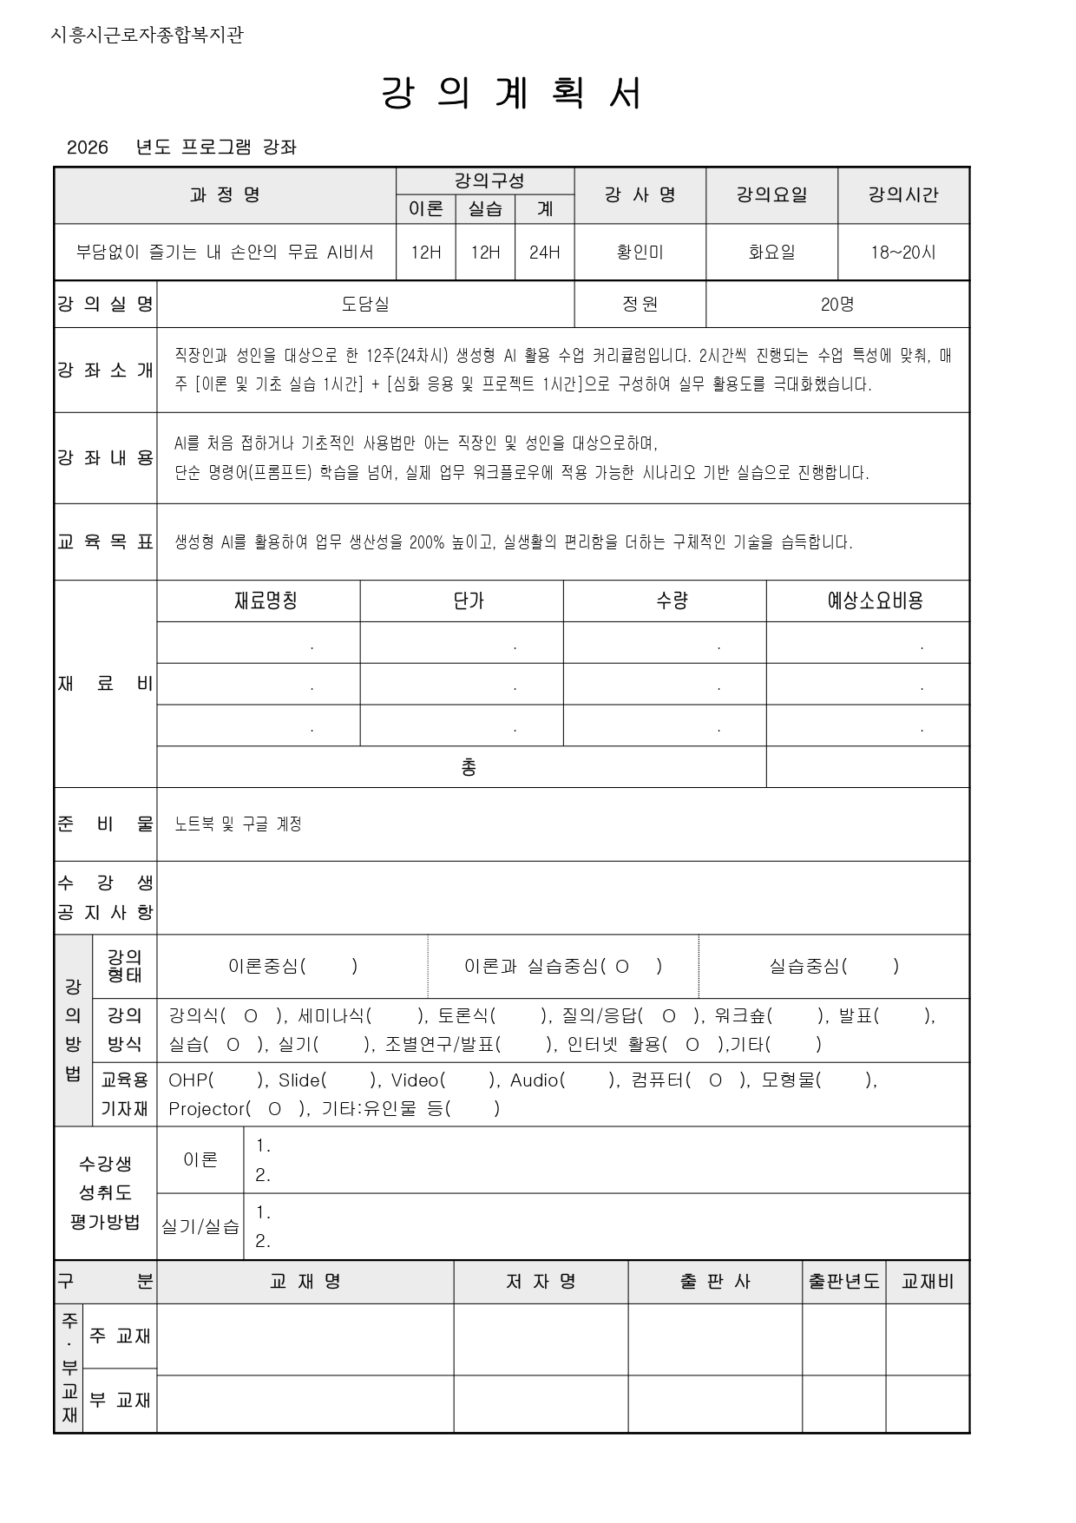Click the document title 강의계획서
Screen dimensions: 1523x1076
point(512,94)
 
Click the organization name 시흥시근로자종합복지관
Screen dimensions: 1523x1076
point(148,36)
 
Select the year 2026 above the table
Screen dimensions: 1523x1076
point(88,148)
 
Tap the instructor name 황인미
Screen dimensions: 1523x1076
point(640,253)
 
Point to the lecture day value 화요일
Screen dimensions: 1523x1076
point(771,253)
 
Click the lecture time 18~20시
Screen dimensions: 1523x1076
point(903,253)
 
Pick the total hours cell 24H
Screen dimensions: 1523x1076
point(544,253)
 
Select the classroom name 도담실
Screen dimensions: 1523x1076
point(365,305)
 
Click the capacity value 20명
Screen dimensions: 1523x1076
point(837,305)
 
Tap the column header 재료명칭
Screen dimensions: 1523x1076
point(266,601)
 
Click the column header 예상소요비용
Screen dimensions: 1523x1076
point(875,601)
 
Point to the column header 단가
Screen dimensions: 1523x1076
point(469,601)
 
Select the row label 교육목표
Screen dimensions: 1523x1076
point(105,542)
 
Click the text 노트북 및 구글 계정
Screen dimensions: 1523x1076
point(238,824)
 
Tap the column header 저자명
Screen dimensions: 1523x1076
point(541,1282)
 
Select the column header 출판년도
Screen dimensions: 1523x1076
point(843,1282)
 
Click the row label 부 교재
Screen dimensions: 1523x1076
point(120,1400)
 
